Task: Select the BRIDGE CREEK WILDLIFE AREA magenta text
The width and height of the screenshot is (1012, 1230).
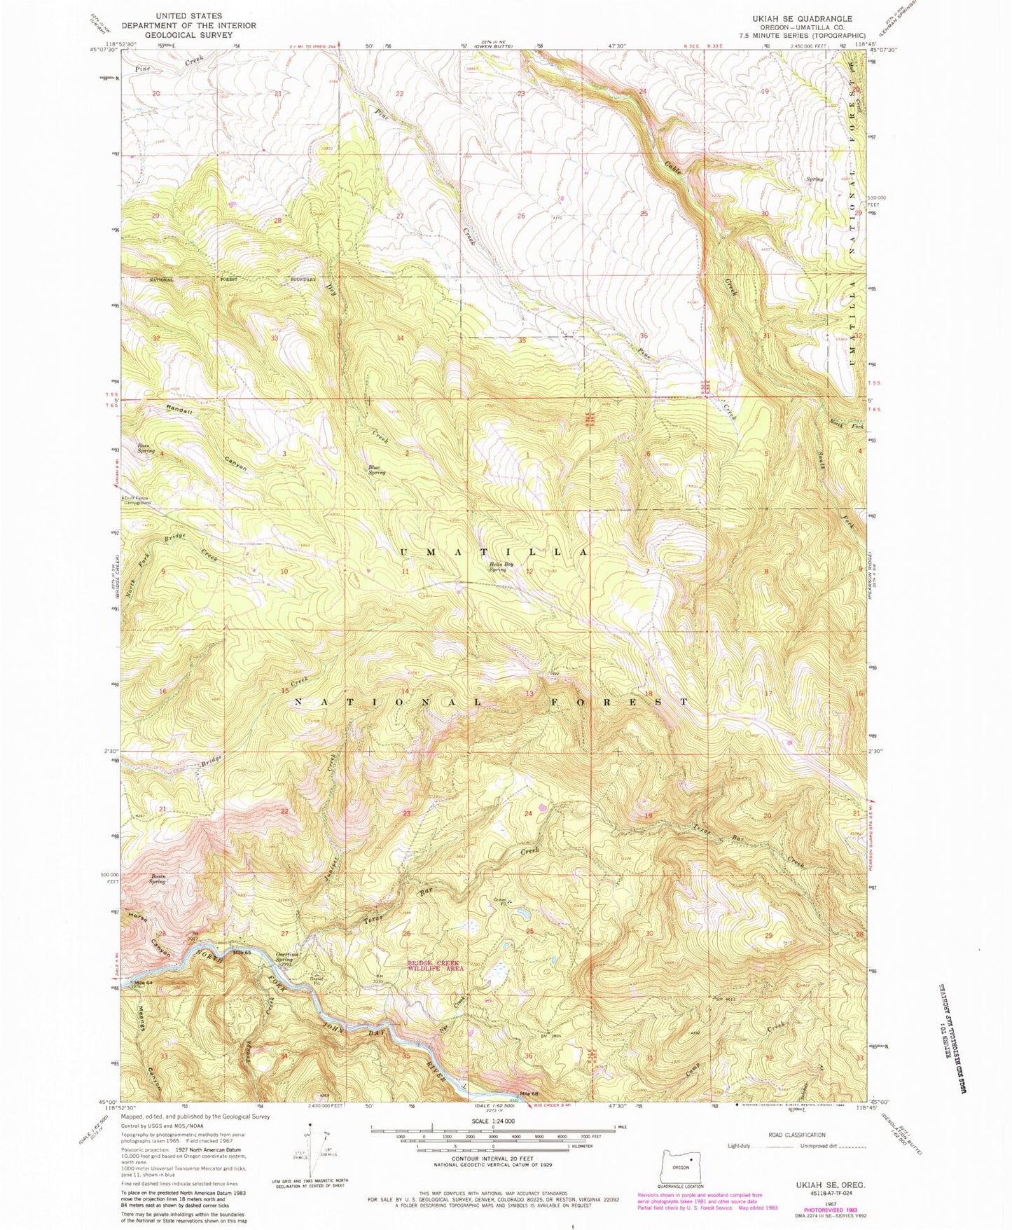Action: pyautogui.click(x=436, y=965)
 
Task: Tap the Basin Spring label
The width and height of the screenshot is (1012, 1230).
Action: pyautogui.click(x=157, y=879)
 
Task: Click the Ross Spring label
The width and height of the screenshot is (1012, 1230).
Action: pyautogui.click(x=146, y=448)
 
